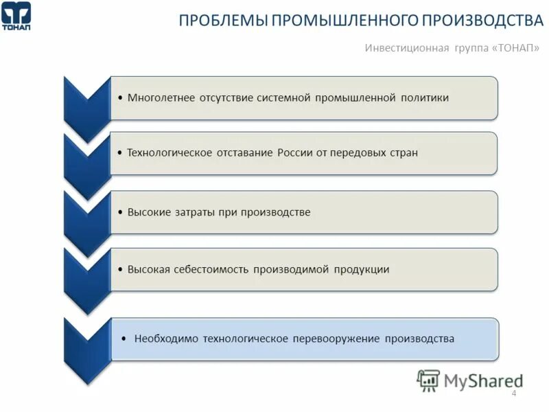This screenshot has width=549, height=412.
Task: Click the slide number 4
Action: (514, 393)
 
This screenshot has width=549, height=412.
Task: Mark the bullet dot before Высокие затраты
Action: (121, 212)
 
